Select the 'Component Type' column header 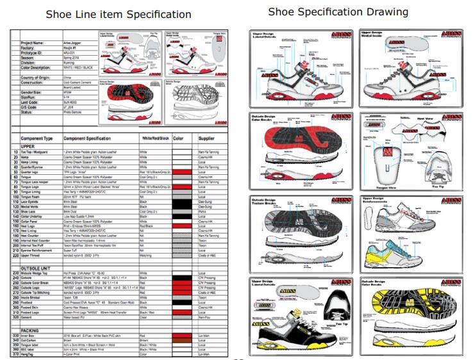pyautogui.click(x=37, y=138)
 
